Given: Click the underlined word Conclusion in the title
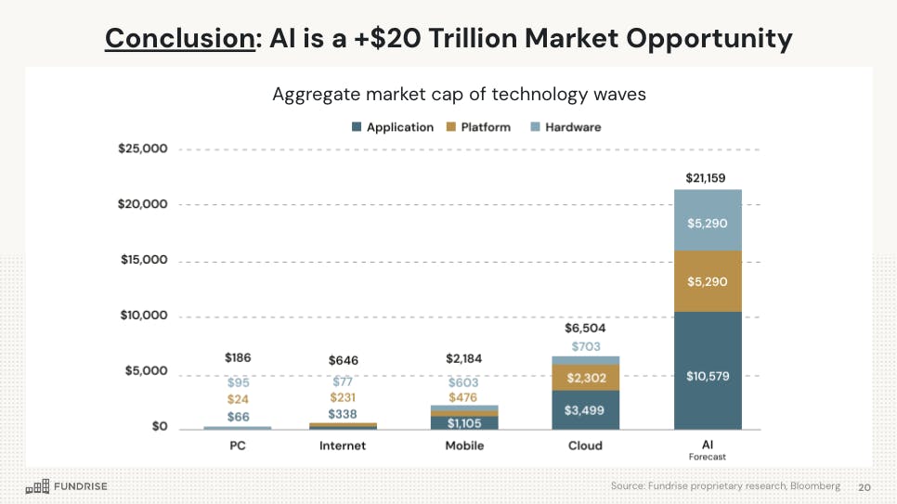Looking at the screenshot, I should [179, 38].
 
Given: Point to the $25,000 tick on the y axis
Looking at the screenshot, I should [142, 149].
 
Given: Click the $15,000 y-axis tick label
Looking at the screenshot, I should [142, 260].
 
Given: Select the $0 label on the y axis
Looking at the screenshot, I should [157, 427].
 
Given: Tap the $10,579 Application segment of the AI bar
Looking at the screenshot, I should [708, 376].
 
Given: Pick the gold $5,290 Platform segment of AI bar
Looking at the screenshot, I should [708, 281].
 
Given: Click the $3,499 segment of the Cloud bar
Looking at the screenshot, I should [585, 410].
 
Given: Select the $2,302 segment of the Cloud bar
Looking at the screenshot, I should [585, 378].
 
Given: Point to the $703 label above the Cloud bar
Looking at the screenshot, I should [585, 346].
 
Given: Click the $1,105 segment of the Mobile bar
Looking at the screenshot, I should [464, 423].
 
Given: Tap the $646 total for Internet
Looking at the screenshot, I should [343, 360].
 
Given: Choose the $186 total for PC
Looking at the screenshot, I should [238, 357].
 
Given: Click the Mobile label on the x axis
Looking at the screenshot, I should [464, 446].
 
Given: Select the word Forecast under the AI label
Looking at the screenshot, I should [708, 457].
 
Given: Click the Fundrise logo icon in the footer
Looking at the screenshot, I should [37, 486].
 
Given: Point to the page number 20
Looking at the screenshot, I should [864, 486].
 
